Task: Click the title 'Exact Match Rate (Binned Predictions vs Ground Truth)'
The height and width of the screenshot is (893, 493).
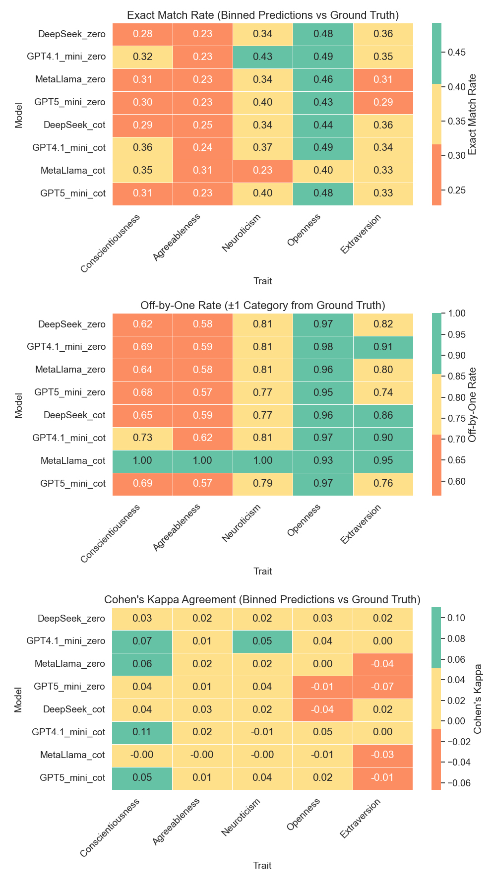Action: point(262,15)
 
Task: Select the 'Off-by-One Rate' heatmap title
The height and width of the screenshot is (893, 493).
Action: point(262,305)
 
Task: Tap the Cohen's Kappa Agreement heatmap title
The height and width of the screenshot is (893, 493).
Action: point(262,599)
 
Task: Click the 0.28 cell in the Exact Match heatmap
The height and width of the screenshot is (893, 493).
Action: point(142,34)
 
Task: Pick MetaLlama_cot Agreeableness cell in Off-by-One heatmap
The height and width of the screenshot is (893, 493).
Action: point(202,461)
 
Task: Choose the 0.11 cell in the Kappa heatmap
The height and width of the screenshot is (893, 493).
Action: point(142,732)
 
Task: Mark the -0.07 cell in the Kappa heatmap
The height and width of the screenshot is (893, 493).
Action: point(382,687)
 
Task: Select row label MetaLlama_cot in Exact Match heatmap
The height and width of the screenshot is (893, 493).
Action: point(73,171)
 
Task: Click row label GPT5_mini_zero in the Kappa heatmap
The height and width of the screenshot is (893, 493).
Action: point(69,687)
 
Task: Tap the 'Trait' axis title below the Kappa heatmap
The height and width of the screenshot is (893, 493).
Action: point(262,866)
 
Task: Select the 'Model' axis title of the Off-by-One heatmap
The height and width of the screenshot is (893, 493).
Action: point(19,405)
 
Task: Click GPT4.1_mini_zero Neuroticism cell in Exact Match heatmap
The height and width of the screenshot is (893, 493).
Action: point(263,57)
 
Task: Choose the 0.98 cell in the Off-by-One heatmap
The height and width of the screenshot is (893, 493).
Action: point(323,347)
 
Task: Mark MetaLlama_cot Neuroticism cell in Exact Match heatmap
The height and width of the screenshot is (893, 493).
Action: point(263,171)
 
